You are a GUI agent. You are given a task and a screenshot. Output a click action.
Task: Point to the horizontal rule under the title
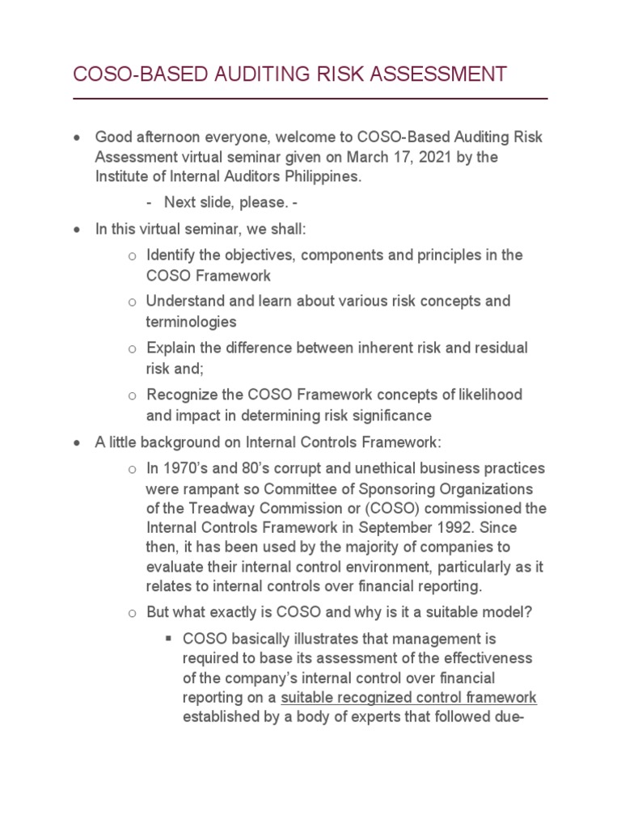310,99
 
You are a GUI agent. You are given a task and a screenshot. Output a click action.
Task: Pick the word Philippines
294,176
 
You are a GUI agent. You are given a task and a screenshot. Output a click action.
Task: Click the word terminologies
191,322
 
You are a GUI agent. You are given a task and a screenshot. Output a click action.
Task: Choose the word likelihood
484,395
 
